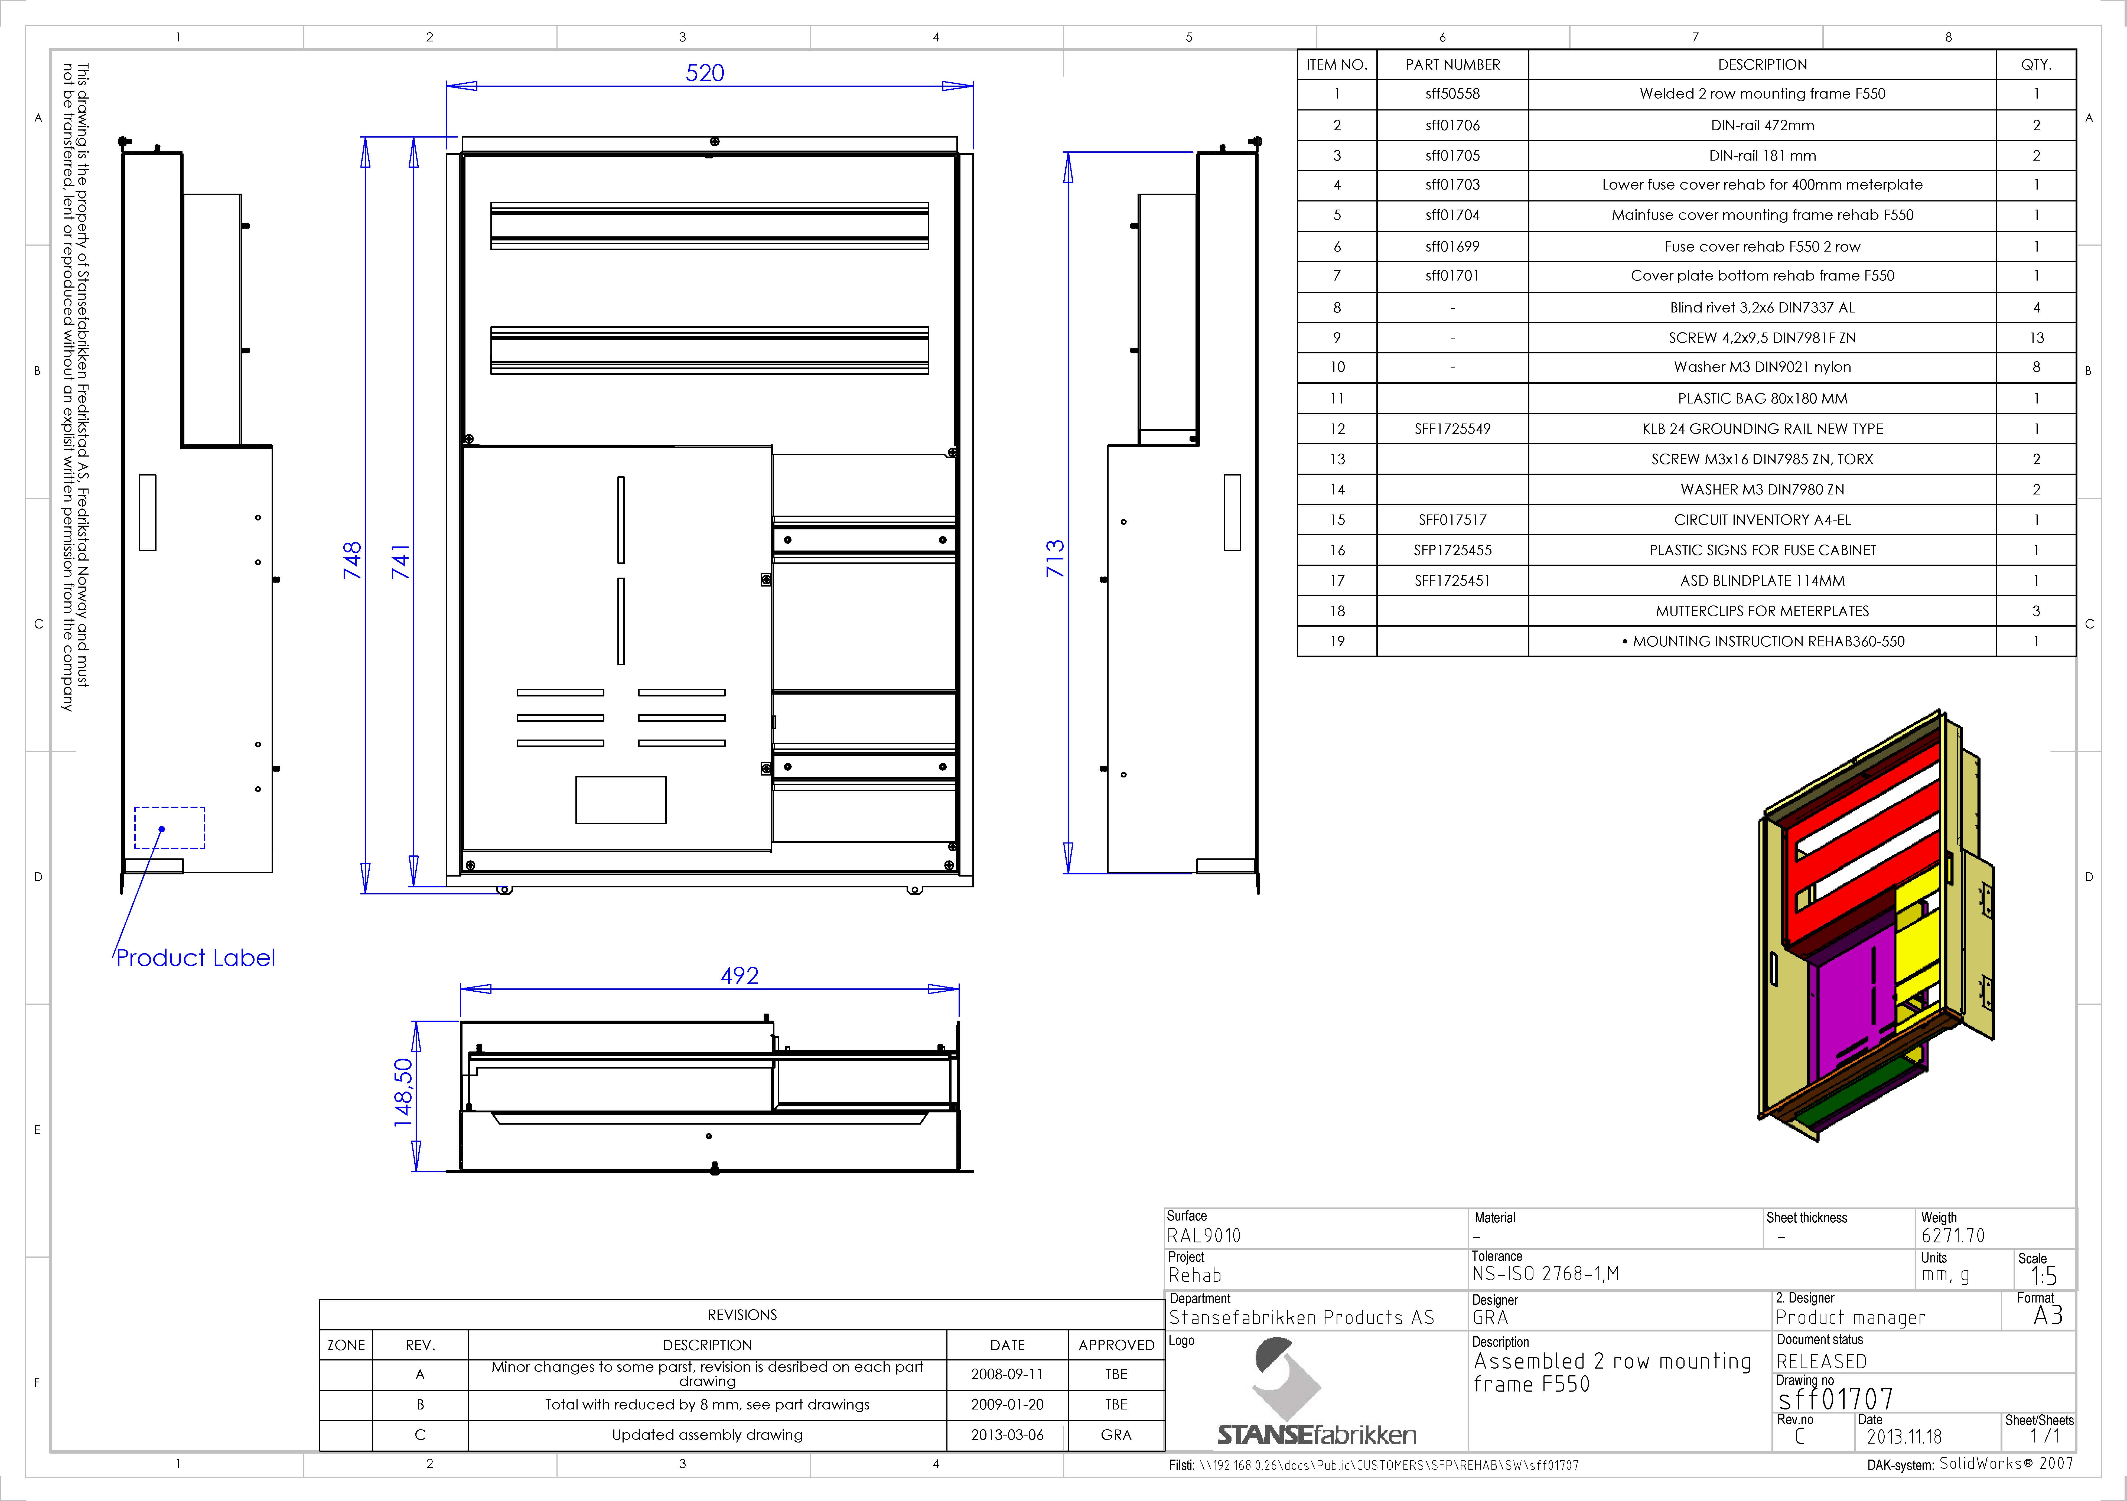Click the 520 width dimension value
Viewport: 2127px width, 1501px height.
(x=705, y=73)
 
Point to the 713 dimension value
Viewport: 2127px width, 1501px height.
(x=1055, y=559)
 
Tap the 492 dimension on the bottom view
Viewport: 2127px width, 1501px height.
(x=739, y=976)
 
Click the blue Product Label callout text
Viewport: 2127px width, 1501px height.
(x=196, y=958)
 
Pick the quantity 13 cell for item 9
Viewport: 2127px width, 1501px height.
(x=2036, y=337)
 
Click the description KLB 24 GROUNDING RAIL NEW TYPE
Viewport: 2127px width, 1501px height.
(x=1762, y=429)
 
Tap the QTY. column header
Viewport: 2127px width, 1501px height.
(x=2036, y=65)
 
